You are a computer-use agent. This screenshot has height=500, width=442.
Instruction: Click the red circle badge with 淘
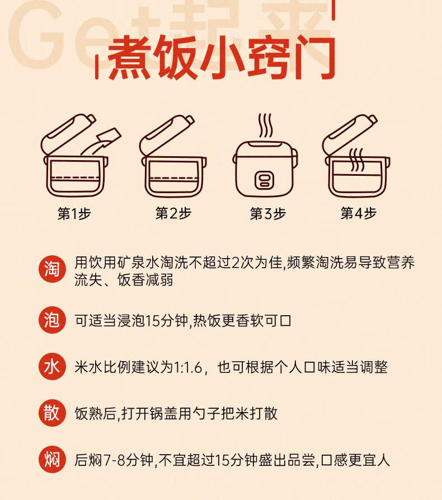[52, 269]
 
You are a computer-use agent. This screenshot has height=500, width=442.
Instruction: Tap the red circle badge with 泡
[52, 320]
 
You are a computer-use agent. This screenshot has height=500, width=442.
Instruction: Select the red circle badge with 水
[52, 366]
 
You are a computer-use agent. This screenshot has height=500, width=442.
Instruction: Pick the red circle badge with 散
[52, 413]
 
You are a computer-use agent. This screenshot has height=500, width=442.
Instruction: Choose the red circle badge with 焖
[52, 460]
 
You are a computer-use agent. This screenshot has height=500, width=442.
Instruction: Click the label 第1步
[74, 213]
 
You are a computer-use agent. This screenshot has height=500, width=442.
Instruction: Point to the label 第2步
[173, 213]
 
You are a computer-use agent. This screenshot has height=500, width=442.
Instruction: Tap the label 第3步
[267, 213]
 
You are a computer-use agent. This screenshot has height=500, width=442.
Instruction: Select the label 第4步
[359, 213]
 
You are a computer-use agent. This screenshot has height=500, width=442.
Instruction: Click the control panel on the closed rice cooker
[264, 180]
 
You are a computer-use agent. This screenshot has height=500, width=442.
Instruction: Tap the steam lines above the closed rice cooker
[265, 125]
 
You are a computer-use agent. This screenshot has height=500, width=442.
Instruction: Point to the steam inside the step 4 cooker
[356, 160]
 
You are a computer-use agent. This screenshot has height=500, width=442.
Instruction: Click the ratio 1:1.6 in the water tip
[187, 367]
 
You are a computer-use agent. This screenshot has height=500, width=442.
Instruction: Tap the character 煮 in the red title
[129, 58]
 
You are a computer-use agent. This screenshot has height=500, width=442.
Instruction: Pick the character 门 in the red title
[315, 58]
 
